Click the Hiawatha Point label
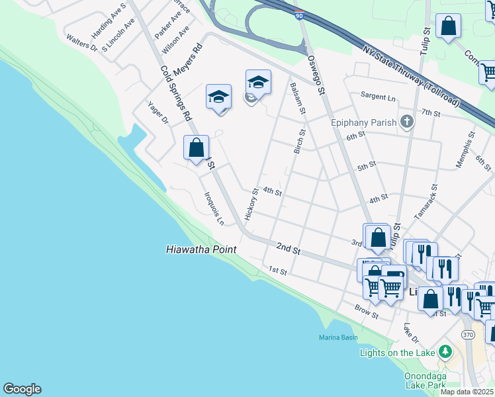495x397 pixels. (x=201, y=249)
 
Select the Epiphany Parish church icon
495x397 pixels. (x=407, y=122)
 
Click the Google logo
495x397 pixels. (x=22, y=389)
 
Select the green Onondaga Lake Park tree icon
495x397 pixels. (x=446, y=350)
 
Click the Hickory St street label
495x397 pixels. (x=251, y=204)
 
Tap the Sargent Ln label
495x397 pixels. (x=378, y=97)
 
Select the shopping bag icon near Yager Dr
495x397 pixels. (x=197, y=148)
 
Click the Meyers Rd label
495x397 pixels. (x=187, y=61)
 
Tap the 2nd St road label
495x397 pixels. (x=289, y=249)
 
